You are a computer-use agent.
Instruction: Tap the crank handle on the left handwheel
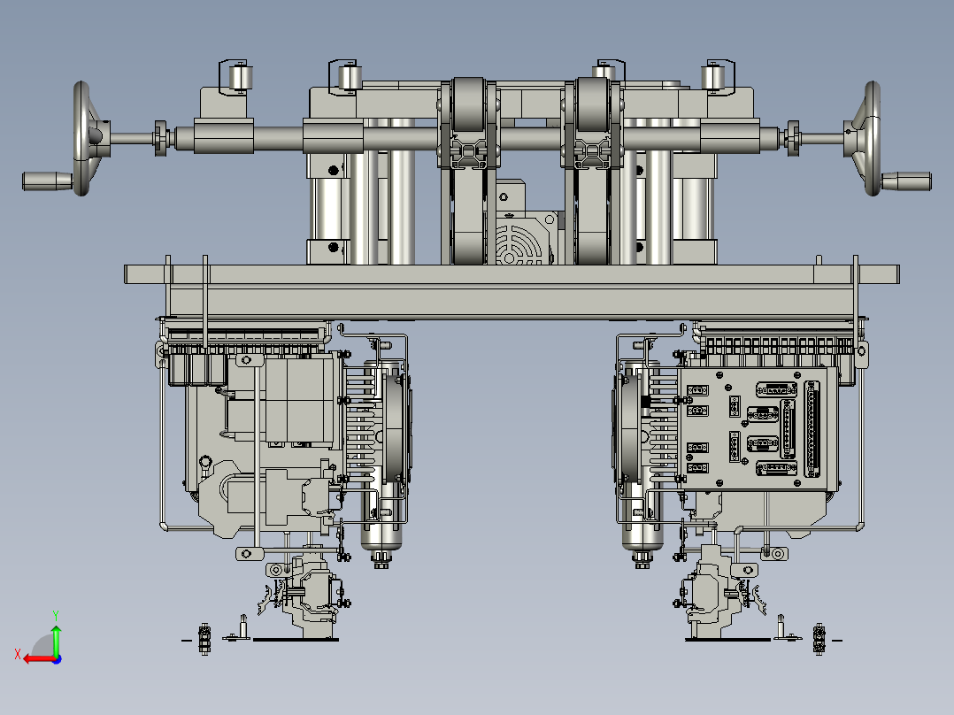tap(47, 181)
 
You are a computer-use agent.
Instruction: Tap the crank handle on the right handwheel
tap(906, 181)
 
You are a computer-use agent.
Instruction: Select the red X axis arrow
tap(42, 659)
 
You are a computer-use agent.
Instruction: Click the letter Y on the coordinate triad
tap(56, 615)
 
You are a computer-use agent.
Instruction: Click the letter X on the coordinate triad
tap(18, 654)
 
